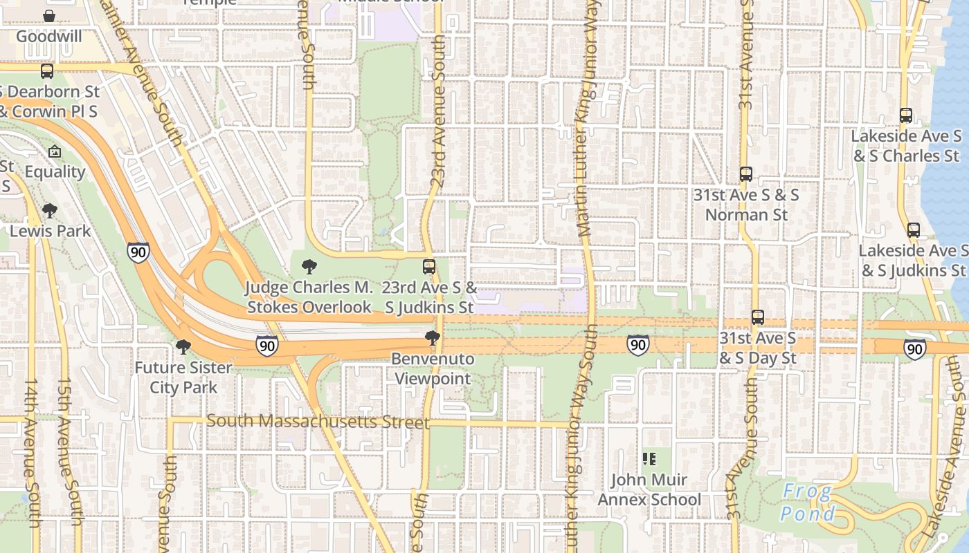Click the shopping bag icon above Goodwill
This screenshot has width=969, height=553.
tap(49, 15)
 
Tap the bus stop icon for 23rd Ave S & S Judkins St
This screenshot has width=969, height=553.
tap(429, 266)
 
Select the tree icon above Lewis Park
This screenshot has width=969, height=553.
tap(49, 210)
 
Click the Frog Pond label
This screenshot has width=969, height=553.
tap(807, 503)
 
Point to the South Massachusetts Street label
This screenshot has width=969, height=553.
tap(318, 421)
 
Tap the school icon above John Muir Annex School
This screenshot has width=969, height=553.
tap(649, 458)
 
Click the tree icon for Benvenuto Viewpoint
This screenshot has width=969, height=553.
tap(433, 338)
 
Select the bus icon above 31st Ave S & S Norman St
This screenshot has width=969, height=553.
tap(745, 174)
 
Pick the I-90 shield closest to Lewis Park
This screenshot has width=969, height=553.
tap(138, 252)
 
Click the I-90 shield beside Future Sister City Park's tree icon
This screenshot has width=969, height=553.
tap(266, 346)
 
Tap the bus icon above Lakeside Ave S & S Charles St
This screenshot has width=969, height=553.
tap(905, 115)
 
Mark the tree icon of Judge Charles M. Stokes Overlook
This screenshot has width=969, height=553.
tap(309, 266)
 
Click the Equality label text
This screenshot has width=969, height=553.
tap(55, 171)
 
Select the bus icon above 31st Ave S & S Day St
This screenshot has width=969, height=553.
tap(758, 317)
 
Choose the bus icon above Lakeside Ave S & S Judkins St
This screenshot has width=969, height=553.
tap(914, 230)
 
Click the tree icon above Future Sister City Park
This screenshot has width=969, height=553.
tap(183, 346)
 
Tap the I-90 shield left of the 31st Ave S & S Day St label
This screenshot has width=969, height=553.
tap(638, 344)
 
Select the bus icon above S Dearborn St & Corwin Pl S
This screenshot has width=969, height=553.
tap(47, 71)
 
